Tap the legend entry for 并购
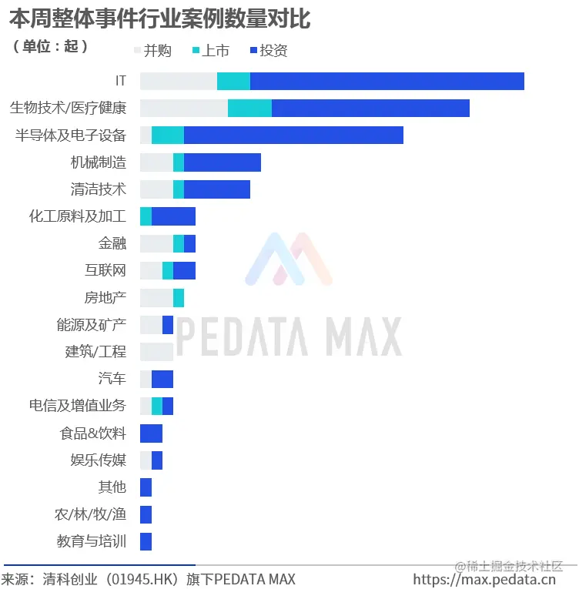tap(152, 51)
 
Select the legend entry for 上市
tap(209, 51)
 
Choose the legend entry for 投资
tap(269, 51)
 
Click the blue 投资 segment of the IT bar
tap(387, 81)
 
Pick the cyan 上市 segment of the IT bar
tap(233, 81)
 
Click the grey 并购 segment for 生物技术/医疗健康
tap(183, 108)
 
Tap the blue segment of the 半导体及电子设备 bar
tap(293, 135)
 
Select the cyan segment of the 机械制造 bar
tap(179, 162)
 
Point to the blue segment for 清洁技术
tap(217, 189)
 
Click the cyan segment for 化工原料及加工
tap(146, 216)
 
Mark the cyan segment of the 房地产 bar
tap(179, 298)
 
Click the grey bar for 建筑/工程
tap(156, 352)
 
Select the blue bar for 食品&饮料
tap(151, 433)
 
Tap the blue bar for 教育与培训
tap(146, 541)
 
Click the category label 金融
tap(112, 243)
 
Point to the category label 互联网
tap(105, 270)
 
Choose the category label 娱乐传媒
tap(99, 460)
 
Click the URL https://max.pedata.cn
tap(484, 579)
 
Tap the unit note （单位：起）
tap(51, 46)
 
